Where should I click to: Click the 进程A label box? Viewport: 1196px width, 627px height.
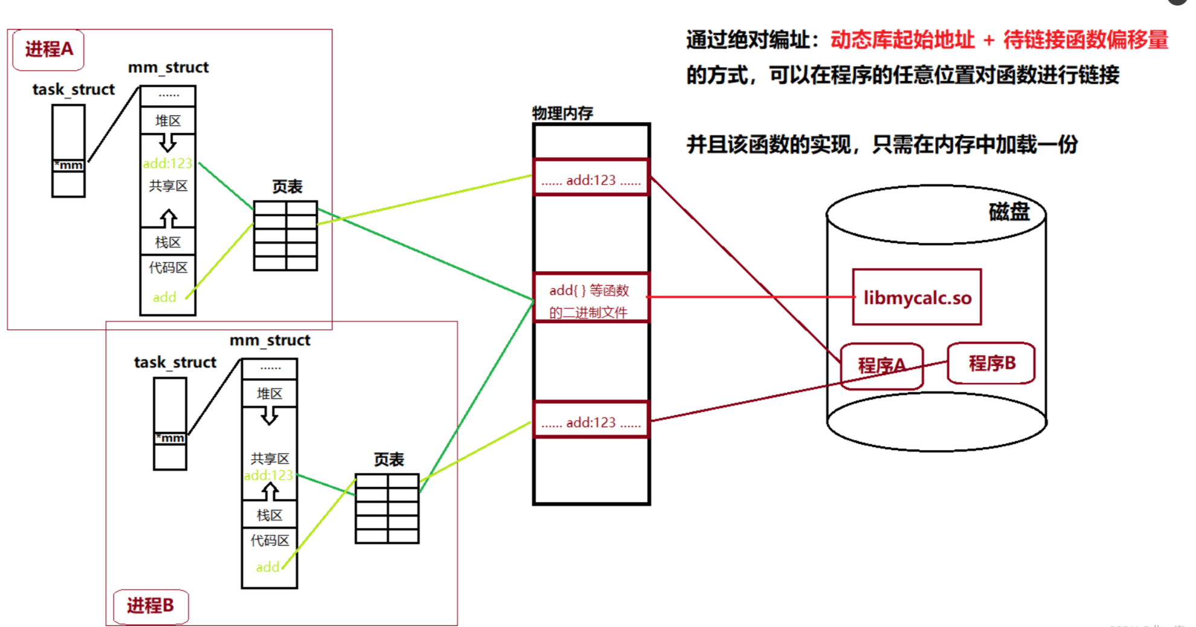pyautogui.click(x=48, y=49)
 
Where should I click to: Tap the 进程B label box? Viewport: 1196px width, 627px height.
pyautogui.click(x=150, y=605)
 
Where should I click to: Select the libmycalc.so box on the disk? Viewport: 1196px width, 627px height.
pyautogui.click(x=916, y=297)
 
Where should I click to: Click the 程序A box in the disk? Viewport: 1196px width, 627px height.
pyautogui.click(x=881, y=366)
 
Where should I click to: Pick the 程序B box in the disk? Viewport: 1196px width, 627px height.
pyautogui.click(x=991, y=363)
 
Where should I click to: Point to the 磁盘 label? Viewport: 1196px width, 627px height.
pyautogui.click(x=1008, y=211)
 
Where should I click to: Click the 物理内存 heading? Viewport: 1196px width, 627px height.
pyautogui.click(x=562, y=113)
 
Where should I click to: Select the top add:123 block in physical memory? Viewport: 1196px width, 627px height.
pyautogui.click(x=591, y=179)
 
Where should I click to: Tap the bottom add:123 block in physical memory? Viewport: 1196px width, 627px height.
pyautogui.click(x=591, y=422)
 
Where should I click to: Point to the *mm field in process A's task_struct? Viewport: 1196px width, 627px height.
pyautogui.click(x=68, y=165)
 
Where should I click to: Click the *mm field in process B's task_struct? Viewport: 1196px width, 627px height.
pyautogui.click(x=170, y=438)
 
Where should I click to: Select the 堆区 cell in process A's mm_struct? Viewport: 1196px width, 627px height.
pyautogui.click(x=168, y=121)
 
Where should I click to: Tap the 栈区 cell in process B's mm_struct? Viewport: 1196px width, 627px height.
pyautogui.click(x=269, y=515)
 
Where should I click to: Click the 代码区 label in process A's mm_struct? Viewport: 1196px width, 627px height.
pyautogui.click(x=168, y=268)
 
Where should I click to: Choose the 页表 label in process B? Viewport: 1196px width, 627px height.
pyautogui.click(x=388, y=460)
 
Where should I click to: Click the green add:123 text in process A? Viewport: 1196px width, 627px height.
pyautogui.click(x=167, y=163)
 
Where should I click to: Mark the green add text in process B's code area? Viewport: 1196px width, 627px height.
pyautogui.click(x=267, y=567)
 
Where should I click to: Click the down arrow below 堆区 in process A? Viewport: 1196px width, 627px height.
pyautogui.click(x=168, y=143)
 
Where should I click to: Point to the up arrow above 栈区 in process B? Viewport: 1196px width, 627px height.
pyautogui.click(x=269, y=492)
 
